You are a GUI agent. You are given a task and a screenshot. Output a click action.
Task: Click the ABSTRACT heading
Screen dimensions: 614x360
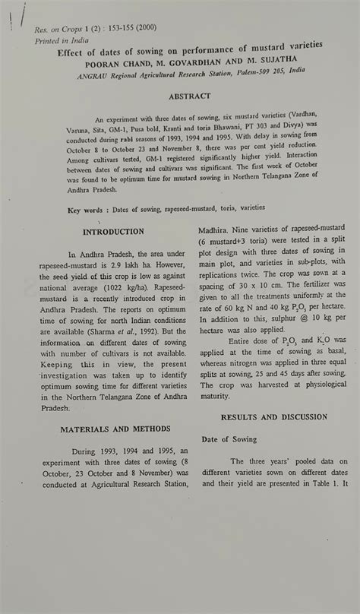pos(190,97)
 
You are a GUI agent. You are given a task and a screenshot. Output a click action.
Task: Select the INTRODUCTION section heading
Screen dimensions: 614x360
pos(113,232)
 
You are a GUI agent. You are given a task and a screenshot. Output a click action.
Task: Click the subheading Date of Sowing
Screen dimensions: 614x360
pos(229,439)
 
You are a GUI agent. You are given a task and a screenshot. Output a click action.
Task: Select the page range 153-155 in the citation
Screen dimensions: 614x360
pos(119,29)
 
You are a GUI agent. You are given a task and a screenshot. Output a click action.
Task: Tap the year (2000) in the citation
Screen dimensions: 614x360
pos(146,27)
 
